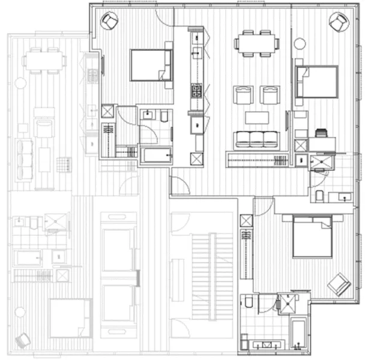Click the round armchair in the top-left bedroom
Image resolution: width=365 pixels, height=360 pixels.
pos(109,22)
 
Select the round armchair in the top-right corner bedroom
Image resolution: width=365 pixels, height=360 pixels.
pos(338,22)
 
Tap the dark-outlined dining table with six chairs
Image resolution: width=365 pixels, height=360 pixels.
pos(258,43)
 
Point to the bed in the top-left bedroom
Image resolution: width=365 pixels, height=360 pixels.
pos(151,65)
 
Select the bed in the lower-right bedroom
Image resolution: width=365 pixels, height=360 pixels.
pos(312,236)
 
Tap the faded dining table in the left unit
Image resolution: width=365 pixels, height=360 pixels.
pos(46,60)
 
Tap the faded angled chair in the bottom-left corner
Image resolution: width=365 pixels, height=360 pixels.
pos(23,340)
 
